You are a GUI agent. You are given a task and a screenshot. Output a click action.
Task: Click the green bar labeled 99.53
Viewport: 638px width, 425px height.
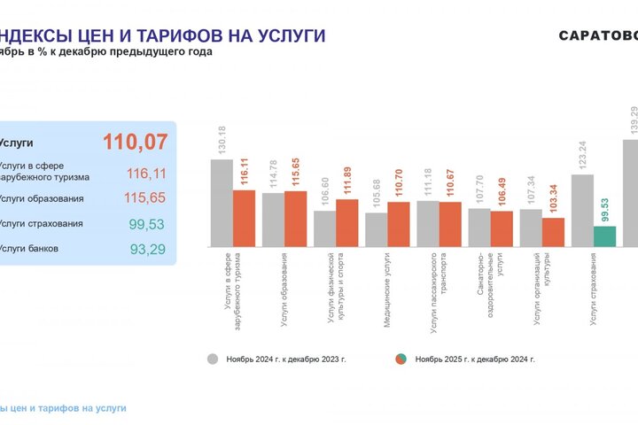click(604, 236)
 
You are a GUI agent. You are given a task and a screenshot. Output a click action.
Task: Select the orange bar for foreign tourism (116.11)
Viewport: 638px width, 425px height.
click(244, 218)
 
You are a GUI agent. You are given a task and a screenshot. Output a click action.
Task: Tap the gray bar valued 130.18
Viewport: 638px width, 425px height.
click(221, 203)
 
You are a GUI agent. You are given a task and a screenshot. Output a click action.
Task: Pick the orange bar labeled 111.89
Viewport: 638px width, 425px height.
click(346, 222)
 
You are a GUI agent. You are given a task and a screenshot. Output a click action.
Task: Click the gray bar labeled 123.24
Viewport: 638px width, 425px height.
click(582, 210)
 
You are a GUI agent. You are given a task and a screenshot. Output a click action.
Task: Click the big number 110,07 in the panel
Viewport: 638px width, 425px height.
click(135, 142)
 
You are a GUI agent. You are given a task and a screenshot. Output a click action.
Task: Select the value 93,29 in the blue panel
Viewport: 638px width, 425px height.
click(147, 250)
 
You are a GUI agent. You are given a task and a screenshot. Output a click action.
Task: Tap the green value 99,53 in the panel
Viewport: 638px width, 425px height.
click(147, 224)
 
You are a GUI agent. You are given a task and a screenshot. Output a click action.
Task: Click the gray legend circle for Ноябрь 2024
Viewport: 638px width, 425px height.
click(213, 359)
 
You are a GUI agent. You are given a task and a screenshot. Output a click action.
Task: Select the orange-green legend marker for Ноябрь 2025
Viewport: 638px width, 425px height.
click(401, 359)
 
